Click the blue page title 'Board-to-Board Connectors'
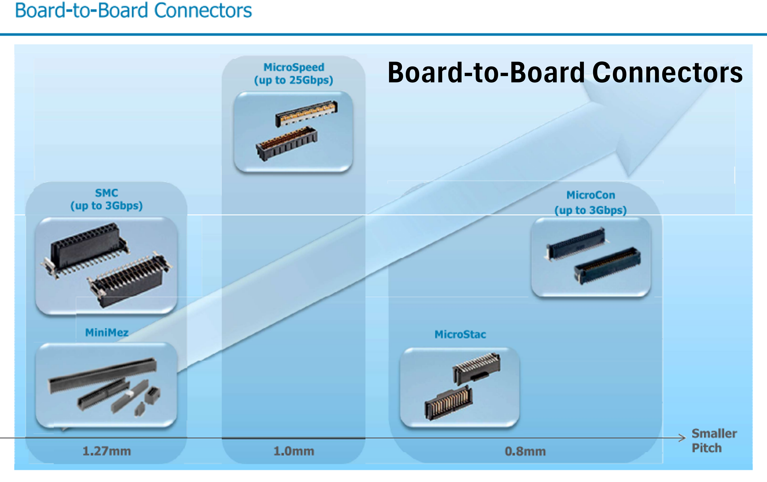[x=133, y=11]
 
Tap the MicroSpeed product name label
[x=294, y=67]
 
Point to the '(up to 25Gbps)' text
[x=294, y=80]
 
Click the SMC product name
[x=106, y=193]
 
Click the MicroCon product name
[x=591, y=195]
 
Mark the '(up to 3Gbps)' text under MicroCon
[x=591, y=210]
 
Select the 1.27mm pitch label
[x=106, y=451]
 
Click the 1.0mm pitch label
[x=294, y=451]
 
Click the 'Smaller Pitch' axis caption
[x=714, y=441]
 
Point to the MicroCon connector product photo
[x=591, y=257]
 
